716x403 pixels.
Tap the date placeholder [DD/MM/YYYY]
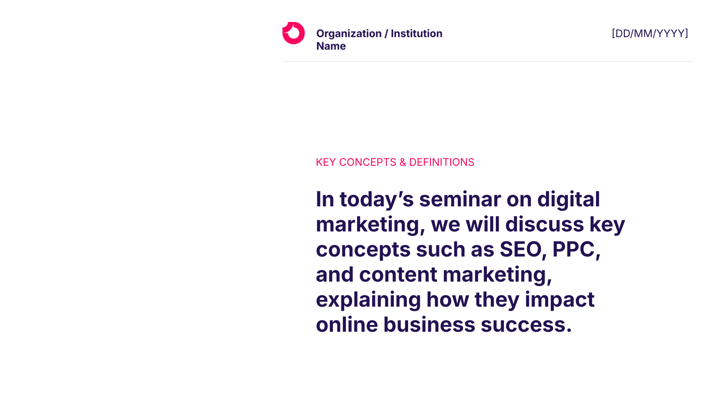coord(650,34)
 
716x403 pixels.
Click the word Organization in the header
coord(349,34)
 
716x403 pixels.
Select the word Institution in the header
coord(417,33)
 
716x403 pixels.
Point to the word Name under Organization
coord(331,46)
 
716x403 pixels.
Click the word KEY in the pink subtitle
coord(326,162)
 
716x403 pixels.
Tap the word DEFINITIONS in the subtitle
coord(442,162)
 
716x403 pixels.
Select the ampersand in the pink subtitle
coord(403,162)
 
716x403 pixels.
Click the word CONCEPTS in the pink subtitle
coord(367,162)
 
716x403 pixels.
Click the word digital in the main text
coord(569,200)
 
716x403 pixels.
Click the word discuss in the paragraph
coord(545,224)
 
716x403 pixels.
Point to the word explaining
coord(368,300)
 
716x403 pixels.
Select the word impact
coord(559,300)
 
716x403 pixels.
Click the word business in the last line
coord(429,324)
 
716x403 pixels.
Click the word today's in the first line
coord(376,200)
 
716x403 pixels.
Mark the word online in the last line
coord(347,324)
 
